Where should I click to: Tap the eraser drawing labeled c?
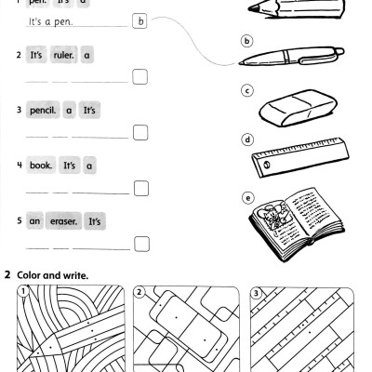pos(289,112)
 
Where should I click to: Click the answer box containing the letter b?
pos(139,20)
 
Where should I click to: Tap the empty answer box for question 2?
pos(139,78)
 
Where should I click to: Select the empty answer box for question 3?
pos(139,133)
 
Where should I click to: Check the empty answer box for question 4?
pos(139,189)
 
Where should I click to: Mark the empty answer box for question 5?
pos(139,245)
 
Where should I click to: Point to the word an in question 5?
pos(34,222)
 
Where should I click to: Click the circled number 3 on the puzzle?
pos(258,294)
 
